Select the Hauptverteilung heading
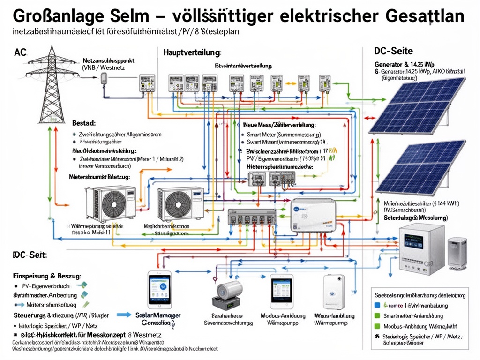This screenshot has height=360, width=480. tap(192, 52)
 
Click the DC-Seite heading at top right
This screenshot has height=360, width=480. tap(393, 51)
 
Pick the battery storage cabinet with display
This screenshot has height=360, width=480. tap(420, 248)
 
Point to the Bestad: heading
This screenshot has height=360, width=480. tap(84, 123)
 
